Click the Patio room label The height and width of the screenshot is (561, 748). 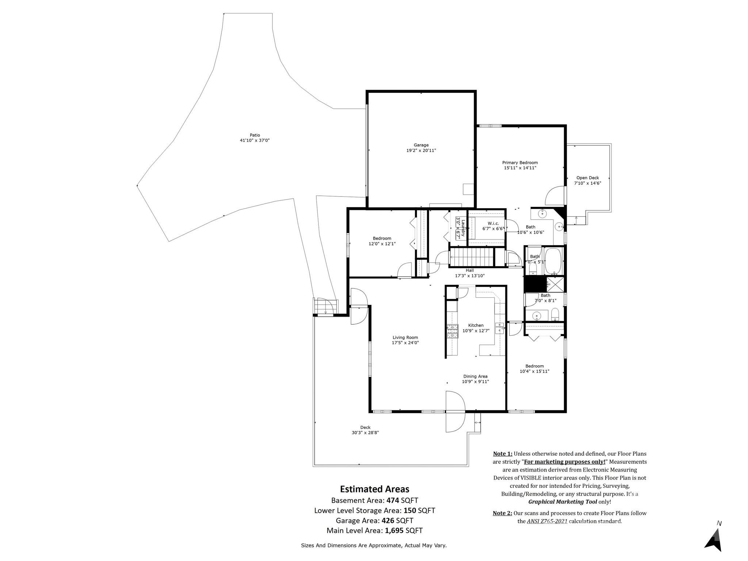tap(255, 135)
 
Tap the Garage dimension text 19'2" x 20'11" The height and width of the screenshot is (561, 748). tap(421, 150)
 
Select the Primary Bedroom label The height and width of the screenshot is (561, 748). tap(520, 163)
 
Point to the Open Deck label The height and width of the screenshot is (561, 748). tap(587, 178)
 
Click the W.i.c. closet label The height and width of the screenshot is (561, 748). tap(493, 223)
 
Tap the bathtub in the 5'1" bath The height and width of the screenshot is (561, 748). tap(553, 261)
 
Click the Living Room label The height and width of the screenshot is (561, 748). tap(405, 337)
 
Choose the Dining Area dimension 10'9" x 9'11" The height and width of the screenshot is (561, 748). tap(475, 381)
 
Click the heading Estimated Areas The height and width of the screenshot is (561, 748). tap(374, 489)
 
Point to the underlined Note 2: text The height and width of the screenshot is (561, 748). tap(502, 513)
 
